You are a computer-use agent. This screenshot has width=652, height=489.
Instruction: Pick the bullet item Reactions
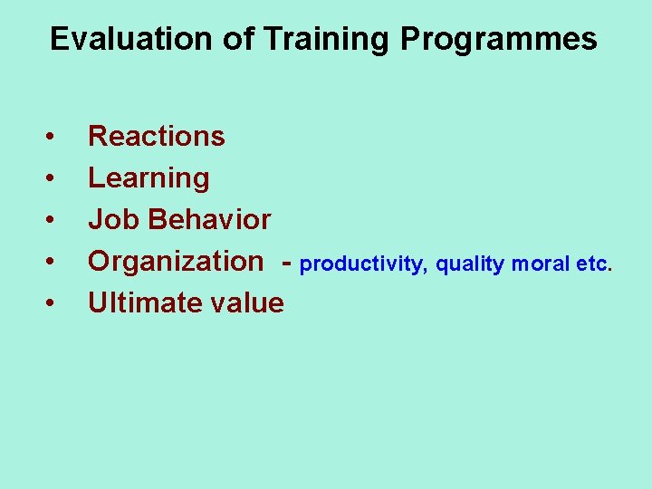(156, 136)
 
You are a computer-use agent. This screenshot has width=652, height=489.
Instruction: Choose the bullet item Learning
(149, 178)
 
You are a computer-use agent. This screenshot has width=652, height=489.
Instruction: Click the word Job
(114, 219)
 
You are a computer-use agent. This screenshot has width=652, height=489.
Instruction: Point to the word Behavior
(210, 219)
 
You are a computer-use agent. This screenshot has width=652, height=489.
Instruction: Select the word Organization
(175, 261)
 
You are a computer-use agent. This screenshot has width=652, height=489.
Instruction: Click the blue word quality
(470, 264)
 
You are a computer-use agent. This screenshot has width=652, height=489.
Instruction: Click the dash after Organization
(286, 263)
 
